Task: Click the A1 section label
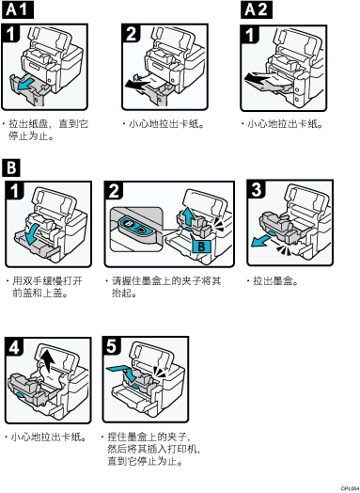[18, 9]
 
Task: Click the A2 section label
[257, 9]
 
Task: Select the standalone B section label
[11, 167]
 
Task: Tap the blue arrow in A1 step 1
[25, 85]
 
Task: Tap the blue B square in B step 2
[201, 246]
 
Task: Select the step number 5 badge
[112, 346]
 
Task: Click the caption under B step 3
[273, 280]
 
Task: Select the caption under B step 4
[45, 437]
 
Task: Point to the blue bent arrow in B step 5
[123, 373]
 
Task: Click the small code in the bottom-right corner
[351, 488]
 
